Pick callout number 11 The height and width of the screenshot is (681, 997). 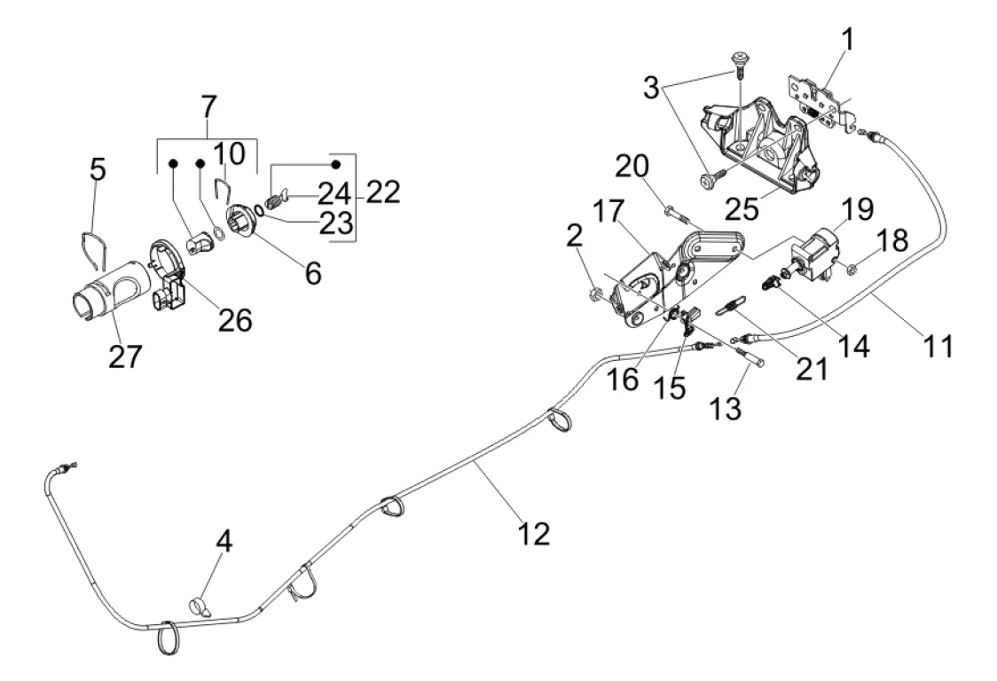pos(933,345)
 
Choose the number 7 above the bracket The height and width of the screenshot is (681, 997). pos(208,107)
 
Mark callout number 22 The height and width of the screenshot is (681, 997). pos(381,192)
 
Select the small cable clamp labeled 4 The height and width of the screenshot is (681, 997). pos(201,607)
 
